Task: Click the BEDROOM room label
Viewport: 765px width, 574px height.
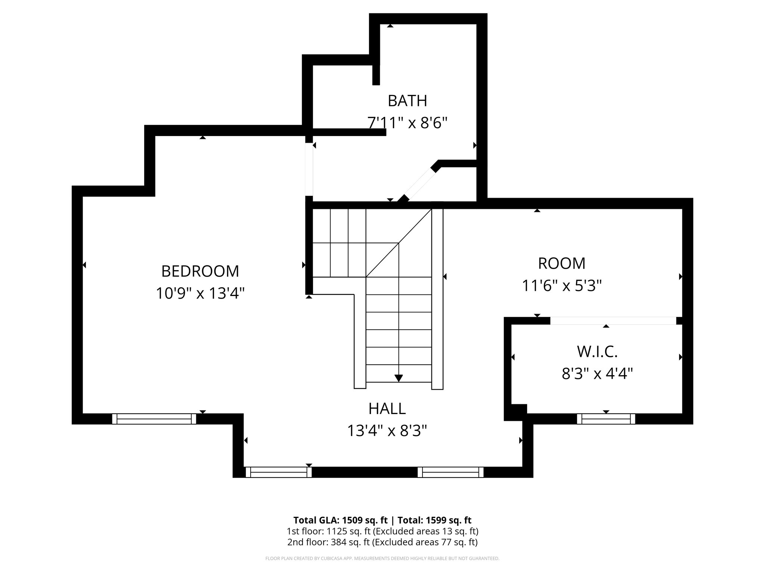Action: point(200,271)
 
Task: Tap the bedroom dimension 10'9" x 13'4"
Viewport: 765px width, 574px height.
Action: point(200,293)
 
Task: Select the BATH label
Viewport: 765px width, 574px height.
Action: point(407,101)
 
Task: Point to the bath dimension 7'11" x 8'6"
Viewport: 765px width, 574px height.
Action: point(407,123)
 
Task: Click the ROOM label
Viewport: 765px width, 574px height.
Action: point(561,263)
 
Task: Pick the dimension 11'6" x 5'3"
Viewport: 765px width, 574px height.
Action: point(561,286)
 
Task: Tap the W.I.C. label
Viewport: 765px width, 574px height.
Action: point(597,351)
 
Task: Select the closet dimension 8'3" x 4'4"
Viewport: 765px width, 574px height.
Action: point(597,373)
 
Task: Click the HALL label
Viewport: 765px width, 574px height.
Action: point(387,408)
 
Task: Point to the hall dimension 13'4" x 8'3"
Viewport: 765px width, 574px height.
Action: point(387,430)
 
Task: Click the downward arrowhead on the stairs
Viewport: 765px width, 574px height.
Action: point(399,378)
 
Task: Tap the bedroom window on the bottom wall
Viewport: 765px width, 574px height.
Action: point(154,419)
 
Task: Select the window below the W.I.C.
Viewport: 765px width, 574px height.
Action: point(606,419)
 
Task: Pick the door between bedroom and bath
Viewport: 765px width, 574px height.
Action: point(309,169)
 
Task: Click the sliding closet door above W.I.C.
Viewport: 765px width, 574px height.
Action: point(613,321)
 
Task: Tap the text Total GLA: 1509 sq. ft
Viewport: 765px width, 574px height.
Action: point(341,520)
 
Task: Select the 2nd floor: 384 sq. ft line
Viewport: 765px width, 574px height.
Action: point(382,542)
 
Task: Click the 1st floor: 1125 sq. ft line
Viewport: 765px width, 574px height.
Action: point(382,531)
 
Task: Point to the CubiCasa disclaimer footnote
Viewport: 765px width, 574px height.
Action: point(382,559)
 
